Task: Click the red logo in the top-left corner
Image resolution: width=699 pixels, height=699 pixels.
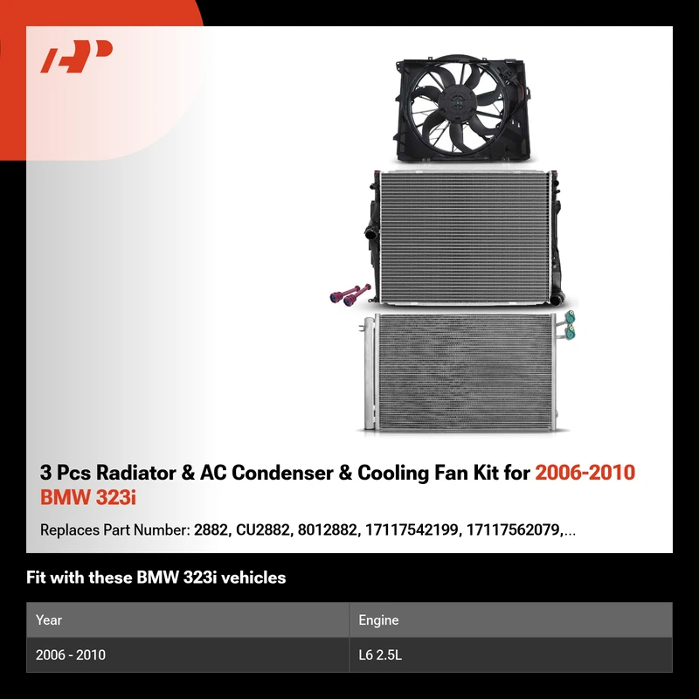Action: point(76,56)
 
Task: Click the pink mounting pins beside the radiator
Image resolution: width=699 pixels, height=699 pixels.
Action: point(350,294)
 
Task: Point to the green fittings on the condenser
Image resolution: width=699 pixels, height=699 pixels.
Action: point(570,324)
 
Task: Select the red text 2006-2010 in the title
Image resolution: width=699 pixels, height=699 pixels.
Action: point(585,473)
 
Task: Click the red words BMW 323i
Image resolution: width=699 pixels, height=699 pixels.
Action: point(88,497)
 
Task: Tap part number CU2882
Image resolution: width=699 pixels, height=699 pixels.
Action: point(264,529)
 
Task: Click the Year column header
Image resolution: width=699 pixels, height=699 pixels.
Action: point(49,619)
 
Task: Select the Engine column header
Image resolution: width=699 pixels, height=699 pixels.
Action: point(378,620)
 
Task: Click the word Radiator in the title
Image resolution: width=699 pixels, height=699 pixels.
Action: point(136,473)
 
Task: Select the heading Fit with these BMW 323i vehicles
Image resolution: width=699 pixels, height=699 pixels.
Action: point(156,578)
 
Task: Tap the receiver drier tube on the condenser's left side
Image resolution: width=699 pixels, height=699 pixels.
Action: point(369,374)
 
